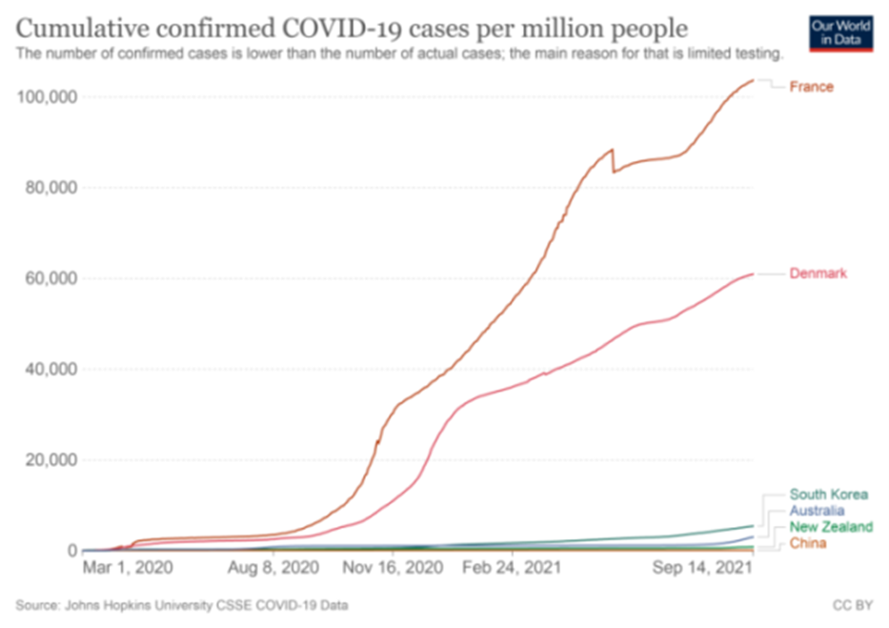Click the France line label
811,87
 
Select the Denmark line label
818,273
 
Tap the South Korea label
828,495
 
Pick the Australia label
817,511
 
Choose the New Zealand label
830,527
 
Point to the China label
806,543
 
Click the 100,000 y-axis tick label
48,96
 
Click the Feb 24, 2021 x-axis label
512,568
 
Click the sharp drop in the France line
614,160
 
